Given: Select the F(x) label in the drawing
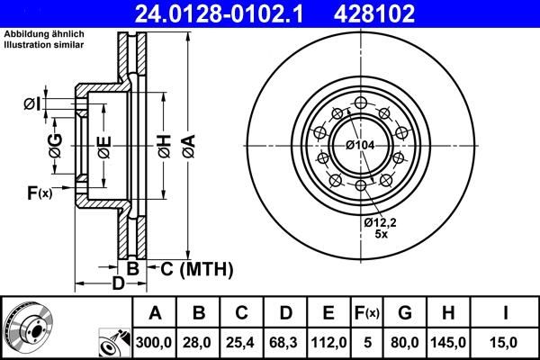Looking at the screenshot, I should point(40,193).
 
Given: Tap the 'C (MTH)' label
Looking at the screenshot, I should point(195,268).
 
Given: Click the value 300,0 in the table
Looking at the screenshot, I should point(155,341).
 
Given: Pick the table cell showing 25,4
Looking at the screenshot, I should point(241,341).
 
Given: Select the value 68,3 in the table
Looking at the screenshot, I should point(284,341).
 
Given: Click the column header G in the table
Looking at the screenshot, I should point(406,312).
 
